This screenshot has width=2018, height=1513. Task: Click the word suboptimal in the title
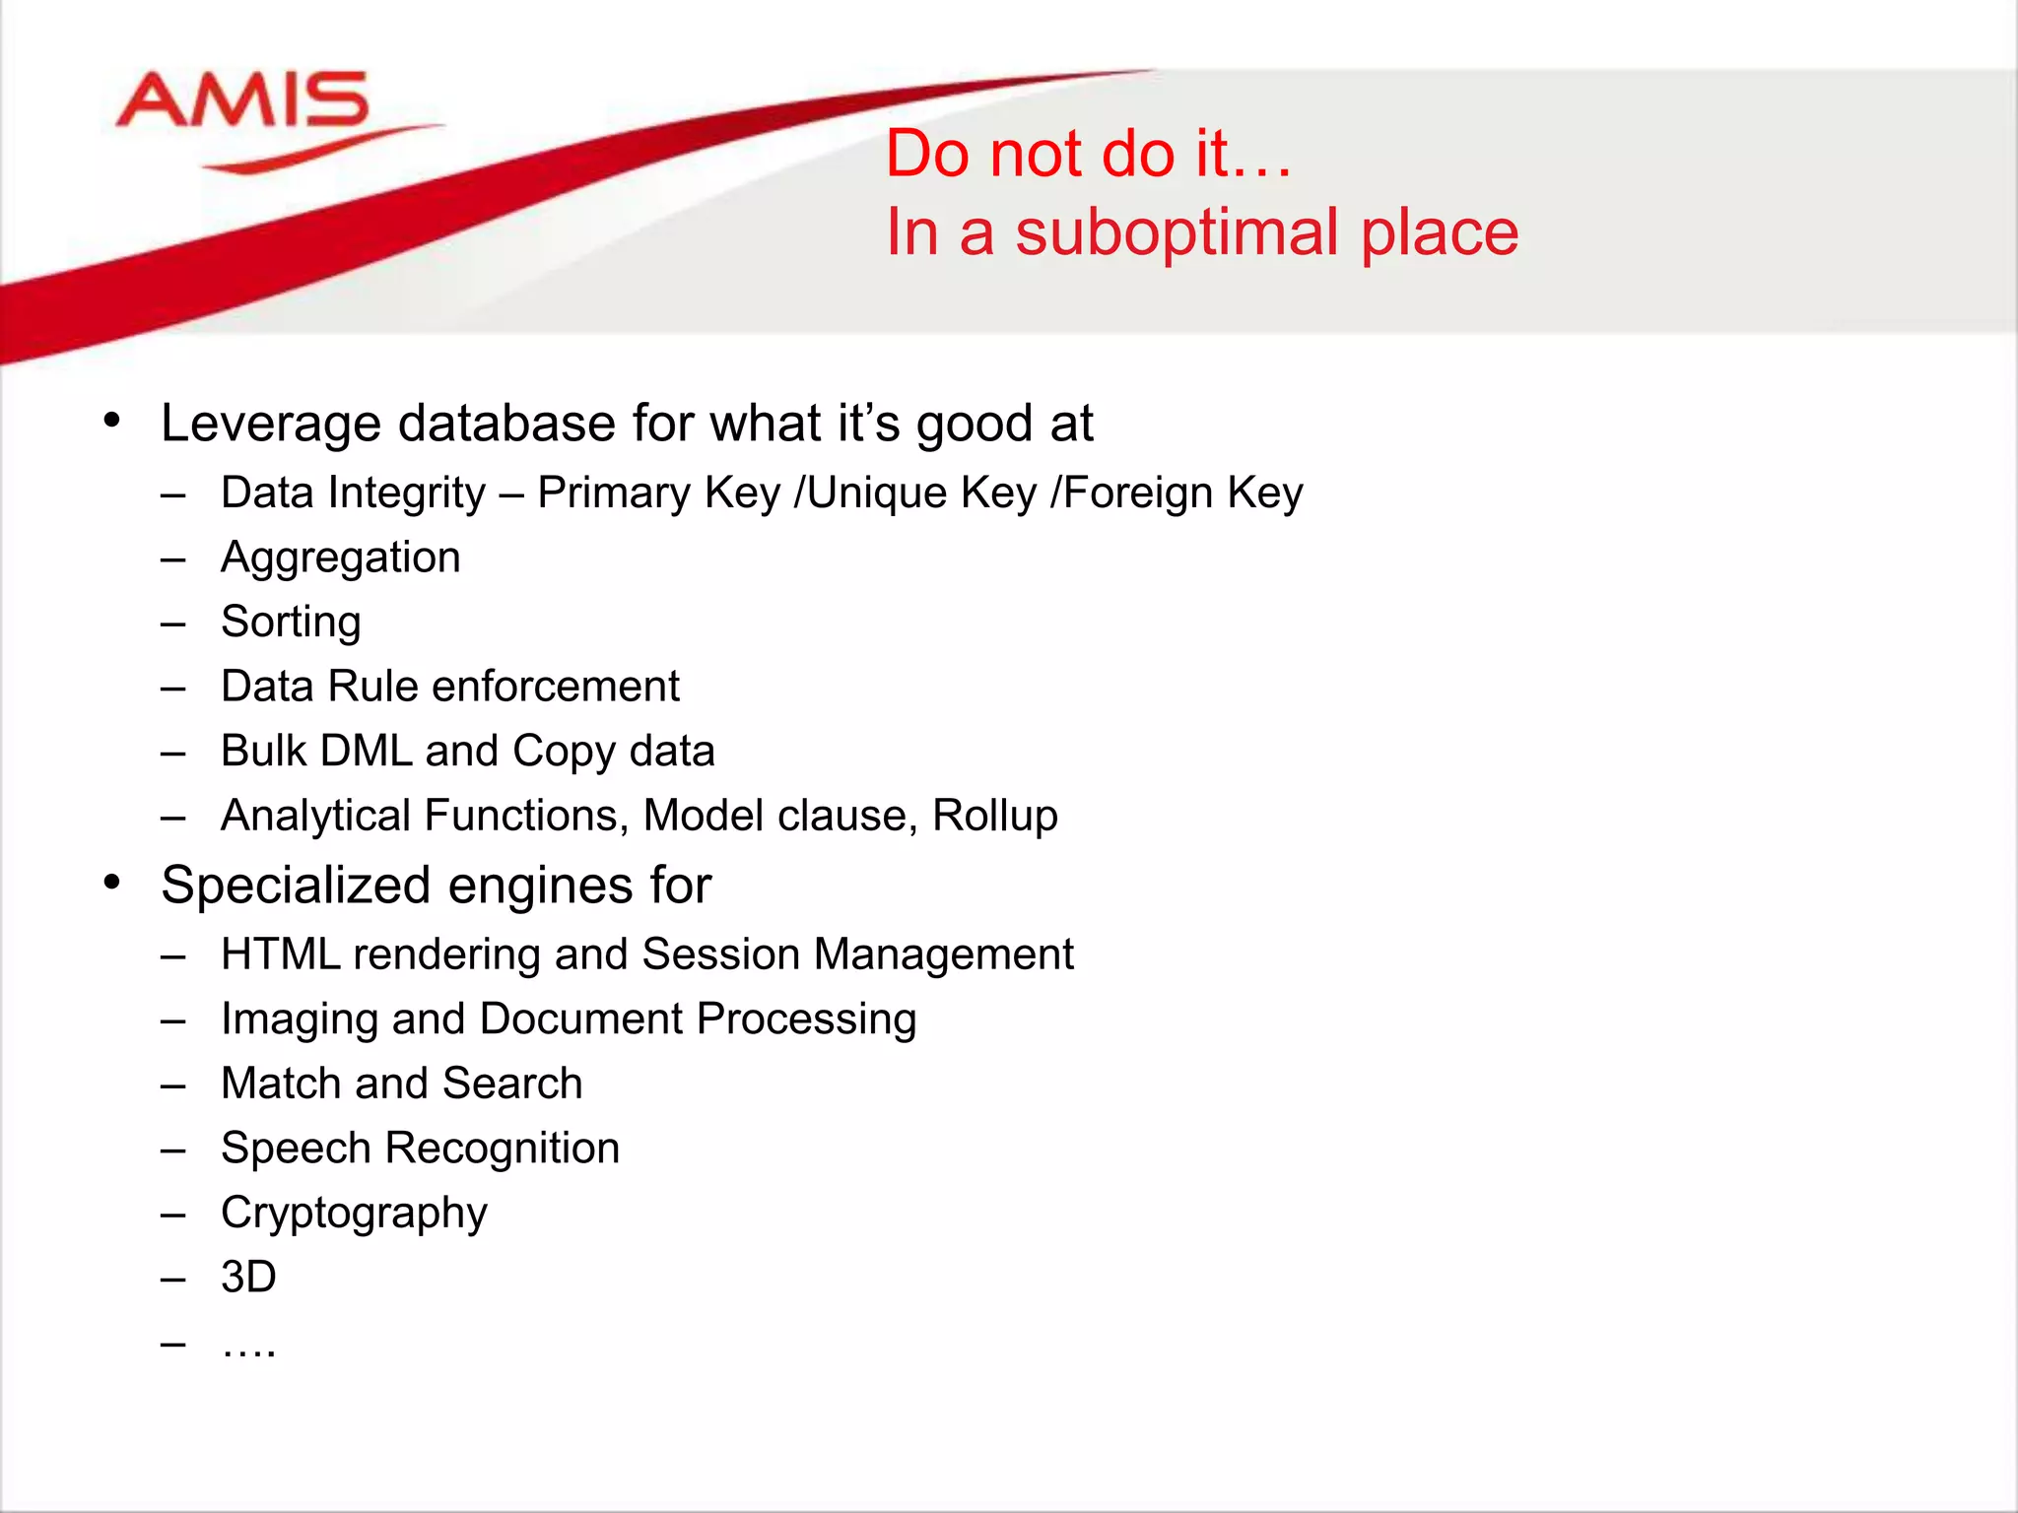1177,233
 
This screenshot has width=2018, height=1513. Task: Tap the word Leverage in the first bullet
271,425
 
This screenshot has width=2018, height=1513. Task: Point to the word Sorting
291,623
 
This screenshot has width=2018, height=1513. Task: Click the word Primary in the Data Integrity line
610,493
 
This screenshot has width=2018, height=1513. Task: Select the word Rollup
994,816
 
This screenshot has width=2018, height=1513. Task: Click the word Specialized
310,886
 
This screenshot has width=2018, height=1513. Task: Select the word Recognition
503,1149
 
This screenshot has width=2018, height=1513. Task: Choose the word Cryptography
354,1214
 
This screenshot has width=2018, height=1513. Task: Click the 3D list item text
248,1278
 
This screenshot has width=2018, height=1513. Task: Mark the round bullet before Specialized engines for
112,882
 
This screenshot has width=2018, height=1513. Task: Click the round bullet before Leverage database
112,421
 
